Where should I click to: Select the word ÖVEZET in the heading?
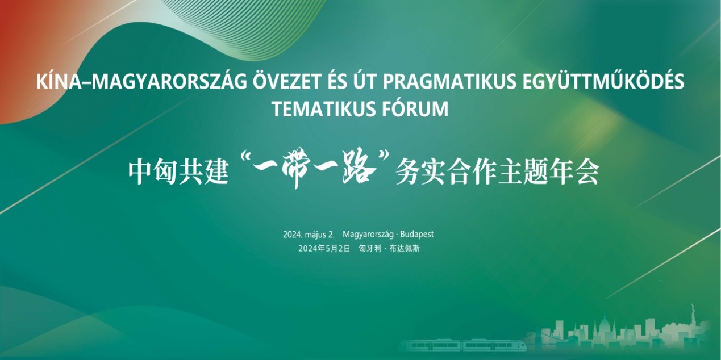click(x=286, y=81)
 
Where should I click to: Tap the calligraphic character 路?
click(x=359, y=170)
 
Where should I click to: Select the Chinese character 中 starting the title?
click(x=140, y=173)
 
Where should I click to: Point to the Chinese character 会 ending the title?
click(x=587, y=173)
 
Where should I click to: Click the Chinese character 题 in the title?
click(x=536, y=173)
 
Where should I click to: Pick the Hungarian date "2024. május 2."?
click(x=309, y=234)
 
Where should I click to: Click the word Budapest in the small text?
click(x=417, y=234)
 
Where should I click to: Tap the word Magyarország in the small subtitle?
click(x=368, y=234)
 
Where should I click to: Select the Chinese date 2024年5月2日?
click(x=324, y=249)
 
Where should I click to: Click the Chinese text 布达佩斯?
click(x=405, y=249)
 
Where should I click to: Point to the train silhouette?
click(x=462, y=345)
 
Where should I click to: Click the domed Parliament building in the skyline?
click(x=606, y=329)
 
